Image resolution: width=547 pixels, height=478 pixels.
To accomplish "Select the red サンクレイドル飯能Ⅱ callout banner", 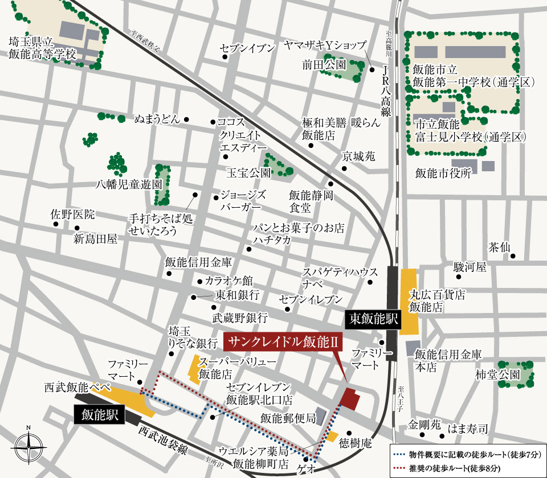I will point(284,343).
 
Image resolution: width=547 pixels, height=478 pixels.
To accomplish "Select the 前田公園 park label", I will point(324,65).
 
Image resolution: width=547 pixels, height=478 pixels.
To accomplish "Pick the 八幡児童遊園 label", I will point(129,184).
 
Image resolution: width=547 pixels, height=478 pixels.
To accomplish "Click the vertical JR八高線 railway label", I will point(386,91).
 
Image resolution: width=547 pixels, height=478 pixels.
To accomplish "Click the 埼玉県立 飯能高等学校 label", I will point(42,48).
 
